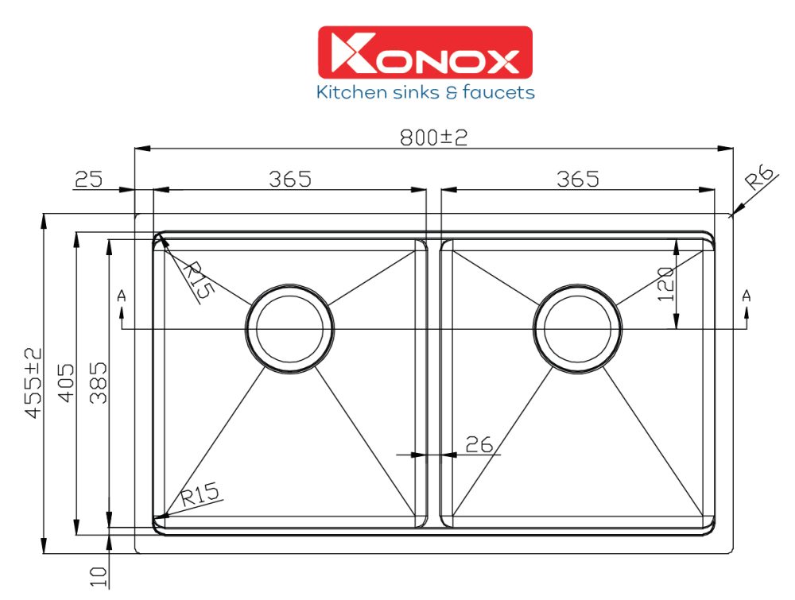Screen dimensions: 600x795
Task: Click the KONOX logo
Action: [x=425, y=52]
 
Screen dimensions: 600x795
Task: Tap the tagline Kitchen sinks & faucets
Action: [x=425, y=93]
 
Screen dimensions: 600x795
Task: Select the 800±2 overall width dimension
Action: [x=433, y=137]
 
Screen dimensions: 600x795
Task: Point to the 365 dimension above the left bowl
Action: [x=289, y=180]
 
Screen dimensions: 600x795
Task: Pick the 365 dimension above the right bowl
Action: [x=577, y=180]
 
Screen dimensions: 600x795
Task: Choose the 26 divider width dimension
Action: [x=479, y=444]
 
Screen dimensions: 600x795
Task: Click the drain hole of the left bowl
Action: [x=289, y=327]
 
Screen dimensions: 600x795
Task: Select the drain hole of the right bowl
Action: [x=578, y=327]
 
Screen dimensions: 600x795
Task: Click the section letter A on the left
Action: [x=121, y=296]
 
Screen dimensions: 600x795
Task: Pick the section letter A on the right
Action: [x=746, y=296]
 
